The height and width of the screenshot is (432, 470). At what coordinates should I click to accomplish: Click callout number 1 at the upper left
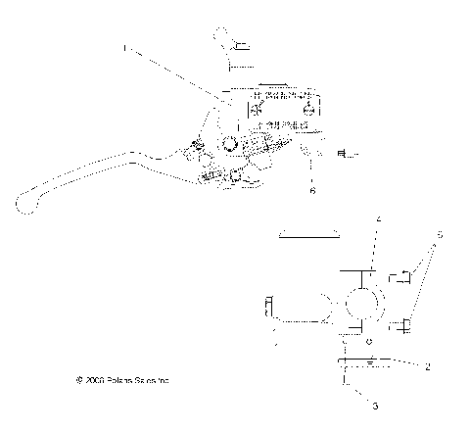[124, 46]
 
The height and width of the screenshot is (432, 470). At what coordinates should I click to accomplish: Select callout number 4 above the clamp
[377, 220]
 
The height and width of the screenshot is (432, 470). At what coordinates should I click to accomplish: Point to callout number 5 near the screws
[440, 235]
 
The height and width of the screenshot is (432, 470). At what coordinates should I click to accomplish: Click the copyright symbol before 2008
[79, 378]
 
